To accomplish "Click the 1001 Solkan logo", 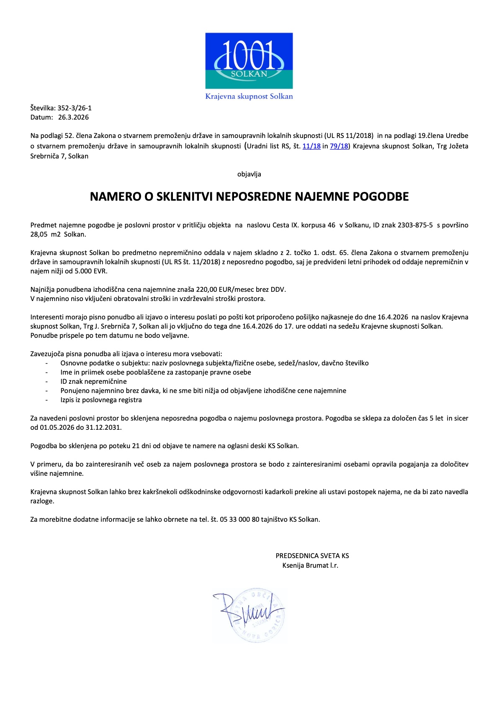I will pyautogui.click(x=249, y=61).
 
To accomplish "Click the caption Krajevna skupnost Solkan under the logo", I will pyautogui.click(x=249, y=97).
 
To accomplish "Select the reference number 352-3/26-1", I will pyautogui.click(x=75, y=108).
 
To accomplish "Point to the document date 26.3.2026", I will pyautogui.click(x=73, y=117).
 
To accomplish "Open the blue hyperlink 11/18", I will pyautogui.click(x=311, y=146).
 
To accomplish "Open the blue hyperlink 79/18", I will pyautogui.click(x=339, y=146).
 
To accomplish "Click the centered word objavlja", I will pyautogui.click(x=249, y=174).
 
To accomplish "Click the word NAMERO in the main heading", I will pyautogui.click(x=115, y=196).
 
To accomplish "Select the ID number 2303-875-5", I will pyautogui.click(x=415, y=225).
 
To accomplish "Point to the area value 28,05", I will pyautogui.click(x=39, y=235).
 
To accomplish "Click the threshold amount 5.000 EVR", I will pyautogui.click(x=91, y=271).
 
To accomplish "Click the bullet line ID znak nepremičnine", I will pyautogui.click(x=93, y=382).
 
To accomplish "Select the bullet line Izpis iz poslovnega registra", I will pyautogui.click(x=101, y=400).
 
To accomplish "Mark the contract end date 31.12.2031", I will pyautogui.click(x=103, y=428).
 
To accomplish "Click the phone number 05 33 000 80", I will pyautogui.click(x=239, y=520).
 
